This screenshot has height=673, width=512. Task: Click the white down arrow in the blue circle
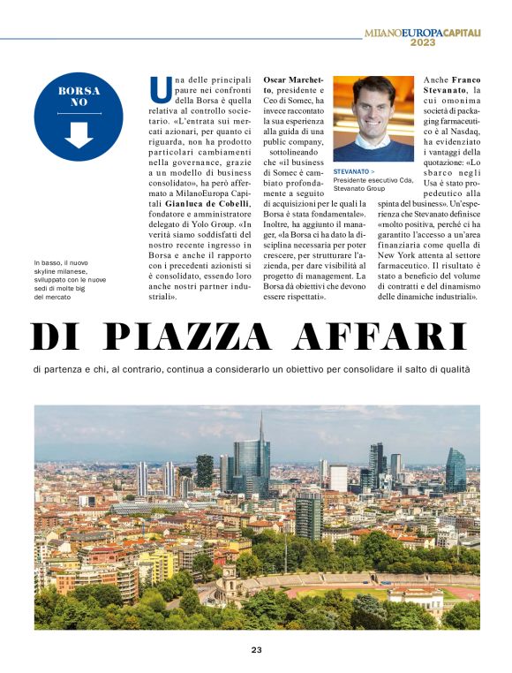pyautogui.click(x=79, y=133)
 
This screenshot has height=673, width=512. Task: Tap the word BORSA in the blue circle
pyautogui.click(x=79, y=90)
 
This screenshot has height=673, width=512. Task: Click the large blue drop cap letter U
pyautogui.click(x=160, y=88)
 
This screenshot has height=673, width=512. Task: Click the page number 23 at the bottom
pyautogui.click(x=256, y=651)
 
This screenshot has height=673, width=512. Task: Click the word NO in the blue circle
pyautogui.click(x=79, y=102)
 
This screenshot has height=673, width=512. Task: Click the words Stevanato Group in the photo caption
pyautogui.click(x=359, y=188)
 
